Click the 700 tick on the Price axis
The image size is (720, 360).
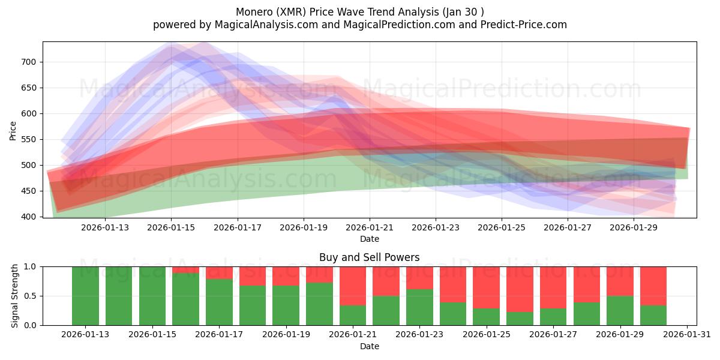click(29, 62)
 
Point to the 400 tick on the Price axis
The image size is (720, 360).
click(29, 217)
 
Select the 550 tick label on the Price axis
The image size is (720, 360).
click(29, 139)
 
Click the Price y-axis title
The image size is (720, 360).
click(13, 130)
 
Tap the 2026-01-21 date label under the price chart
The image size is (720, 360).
click(370, 227)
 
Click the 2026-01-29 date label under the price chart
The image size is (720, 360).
click(634, 227)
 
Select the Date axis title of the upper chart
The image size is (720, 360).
click(369, 239)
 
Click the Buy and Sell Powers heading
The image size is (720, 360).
click(369, 257)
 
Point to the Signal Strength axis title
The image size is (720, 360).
click(16, 296)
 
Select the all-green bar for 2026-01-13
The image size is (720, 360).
click(85, 296)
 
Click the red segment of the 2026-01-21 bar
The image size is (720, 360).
click(353, 286)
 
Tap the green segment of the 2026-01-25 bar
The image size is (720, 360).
click(487, 317)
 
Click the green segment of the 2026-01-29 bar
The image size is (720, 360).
click(620, 310)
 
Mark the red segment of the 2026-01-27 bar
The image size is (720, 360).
click(553, 287)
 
